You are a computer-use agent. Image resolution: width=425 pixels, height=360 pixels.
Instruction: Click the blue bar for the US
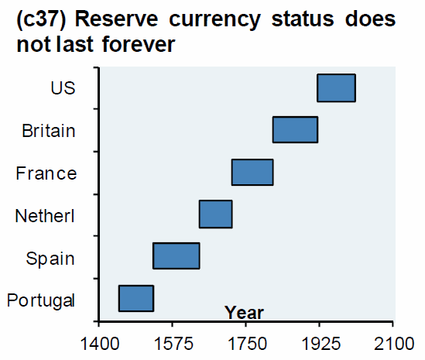[336, 87]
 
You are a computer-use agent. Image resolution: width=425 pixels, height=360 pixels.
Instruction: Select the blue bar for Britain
[295, 129]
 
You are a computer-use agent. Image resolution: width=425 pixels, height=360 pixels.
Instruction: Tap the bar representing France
[252, 172]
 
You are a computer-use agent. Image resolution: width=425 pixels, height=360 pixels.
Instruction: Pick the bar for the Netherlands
[215, 214]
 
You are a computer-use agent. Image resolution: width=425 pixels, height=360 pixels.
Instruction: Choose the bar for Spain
[177, 255]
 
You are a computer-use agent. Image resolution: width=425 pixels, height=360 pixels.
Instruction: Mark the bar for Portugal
[135, 298]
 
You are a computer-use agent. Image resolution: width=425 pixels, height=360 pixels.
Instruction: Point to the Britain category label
[49, 130]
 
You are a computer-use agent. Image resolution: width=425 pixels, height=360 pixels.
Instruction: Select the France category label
[46, 173]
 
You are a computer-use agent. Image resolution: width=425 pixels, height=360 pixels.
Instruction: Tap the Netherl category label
[45, 215]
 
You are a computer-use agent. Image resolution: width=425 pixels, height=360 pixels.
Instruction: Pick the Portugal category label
[40, 300]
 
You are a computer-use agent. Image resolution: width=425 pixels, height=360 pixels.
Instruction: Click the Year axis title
[244, 313]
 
